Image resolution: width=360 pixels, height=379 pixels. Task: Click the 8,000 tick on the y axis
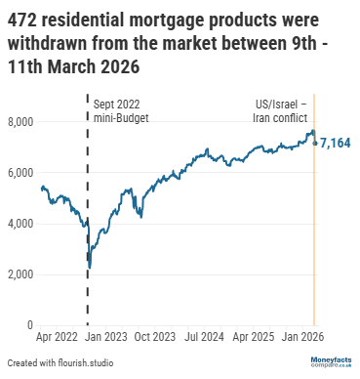pos(20,121)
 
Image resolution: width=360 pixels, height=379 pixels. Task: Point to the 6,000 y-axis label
pos(20,172)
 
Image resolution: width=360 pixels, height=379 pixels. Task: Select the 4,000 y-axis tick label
pos(20,224)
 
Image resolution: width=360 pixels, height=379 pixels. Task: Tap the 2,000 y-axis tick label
pos(20,274)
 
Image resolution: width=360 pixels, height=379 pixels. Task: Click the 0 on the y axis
pos(30,325)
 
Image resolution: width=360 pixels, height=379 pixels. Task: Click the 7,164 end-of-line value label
pos(336,144)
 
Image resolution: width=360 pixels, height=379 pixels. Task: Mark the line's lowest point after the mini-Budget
pos(90,267)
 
